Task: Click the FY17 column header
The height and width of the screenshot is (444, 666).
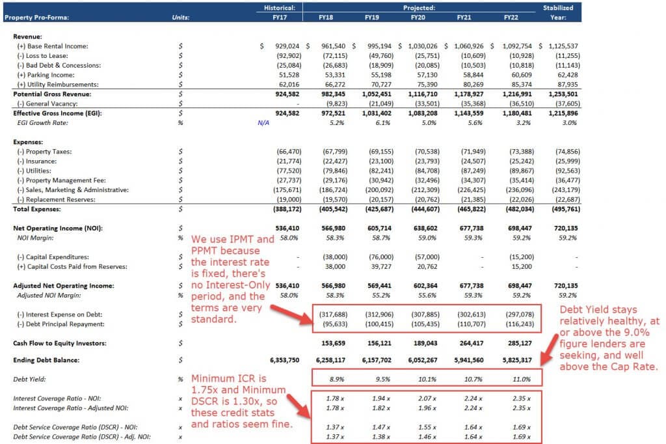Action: [x=280, y=18]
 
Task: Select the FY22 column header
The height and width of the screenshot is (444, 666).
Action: [x=512, y=18]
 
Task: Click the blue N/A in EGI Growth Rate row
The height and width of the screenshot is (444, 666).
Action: [x=263, y=122]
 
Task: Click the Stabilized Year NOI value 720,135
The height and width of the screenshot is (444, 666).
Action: [x=564, y=228]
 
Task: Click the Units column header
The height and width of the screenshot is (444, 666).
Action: [x=181, y=18]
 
